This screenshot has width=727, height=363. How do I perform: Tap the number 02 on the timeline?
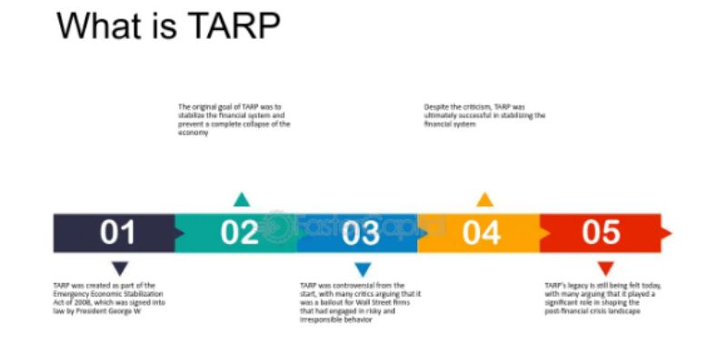pyautogui.click(x=240, y=233)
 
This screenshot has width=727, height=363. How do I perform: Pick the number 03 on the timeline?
pyautogui.click(x=361, y=233)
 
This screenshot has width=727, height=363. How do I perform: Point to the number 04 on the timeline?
pyautogui.click(x=481, y=233)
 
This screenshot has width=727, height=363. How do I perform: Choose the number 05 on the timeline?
pyautogui.click(x=601, y=233)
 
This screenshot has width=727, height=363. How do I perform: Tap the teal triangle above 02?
pyautogui.click(x=241, y=200)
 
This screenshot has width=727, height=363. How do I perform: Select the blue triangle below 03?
pyautogui.click(x=363, y=269)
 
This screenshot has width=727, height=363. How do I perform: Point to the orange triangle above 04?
pyautogui.click(x=484, y=200)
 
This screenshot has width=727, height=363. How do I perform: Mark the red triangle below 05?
pyautogui.click(x=606, y=269)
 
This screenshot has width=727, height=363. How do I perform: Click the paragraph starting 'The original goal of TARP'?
pyautogui.click(x=234, y=120)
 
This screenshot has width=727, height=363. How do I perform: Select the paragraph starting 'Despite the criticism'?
pyautogui.click(x=484, y=115)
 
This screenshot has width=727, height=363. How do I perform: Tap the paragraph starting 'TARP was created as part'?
pyautogui.click(x=109, y=296)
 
